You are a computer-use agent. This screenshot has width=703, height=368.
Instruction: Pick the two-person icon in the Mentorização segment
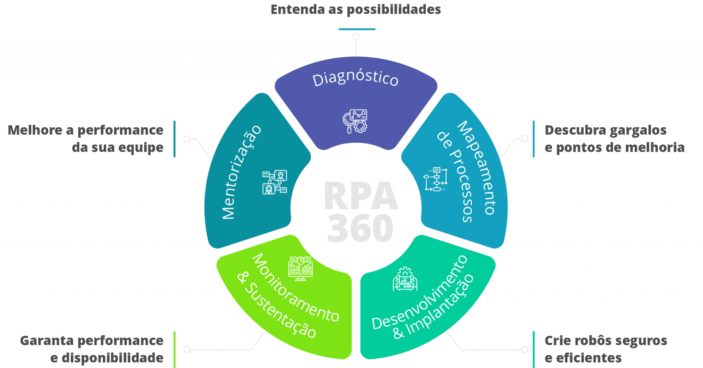(275, 182)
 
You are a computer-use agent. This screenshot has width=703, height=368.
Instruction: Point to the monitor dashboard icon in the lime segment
(300, 268)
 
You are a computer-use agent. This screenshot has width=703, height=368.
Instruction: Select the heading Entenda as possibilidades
(356, 10)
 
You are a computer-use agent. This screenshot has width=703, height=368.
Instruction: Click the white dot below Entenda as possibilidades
(356, 36)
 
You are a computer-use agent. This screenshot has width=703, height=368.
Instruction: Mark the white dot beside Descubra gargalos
(525, 139)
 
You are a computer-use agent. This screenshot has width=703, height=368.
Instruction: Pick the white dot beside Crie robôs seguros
(525, 350)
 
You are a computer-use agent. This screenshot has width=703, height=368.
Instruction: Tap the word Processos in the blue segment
(460, 185)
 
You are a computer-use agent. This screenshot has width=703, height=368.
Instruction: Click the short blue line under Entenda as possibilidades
(357, 29)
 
